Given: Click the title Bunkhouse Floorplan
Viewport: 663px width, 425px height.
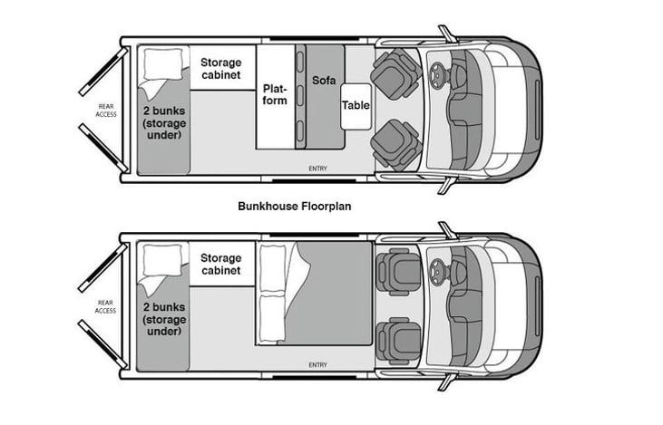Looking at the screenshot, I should (294, 206).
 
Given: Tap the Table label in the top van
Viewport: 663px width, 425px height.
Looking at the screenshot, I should (356, 105).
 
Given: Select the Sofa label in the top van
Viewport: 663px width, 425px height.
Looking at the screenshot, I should (324, 81).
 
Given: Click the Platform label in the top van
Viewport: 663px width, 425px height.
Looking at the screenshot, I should (275, 94).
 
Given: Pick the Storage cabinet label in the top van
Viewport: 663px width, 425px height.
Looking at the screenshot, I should (220, 68).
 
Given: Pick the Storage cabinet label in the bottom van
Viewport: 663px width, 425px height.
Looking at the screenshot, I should (220, 264).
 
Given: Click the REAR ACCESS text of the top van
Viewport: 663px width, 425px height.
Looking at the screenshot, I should (106, 111).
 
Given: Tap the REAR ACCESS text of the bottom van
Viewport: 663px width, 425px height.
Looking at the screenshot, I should (106, 306).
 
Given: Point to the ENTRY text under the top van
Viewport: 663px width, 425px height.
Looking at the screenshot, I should (317, 169).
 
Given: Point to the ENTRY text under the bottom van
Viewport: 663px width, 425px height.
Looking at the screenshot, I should (317, 364).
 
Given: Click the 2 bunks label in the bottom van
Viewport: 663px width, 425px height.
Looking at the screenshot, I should (163, 320).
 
